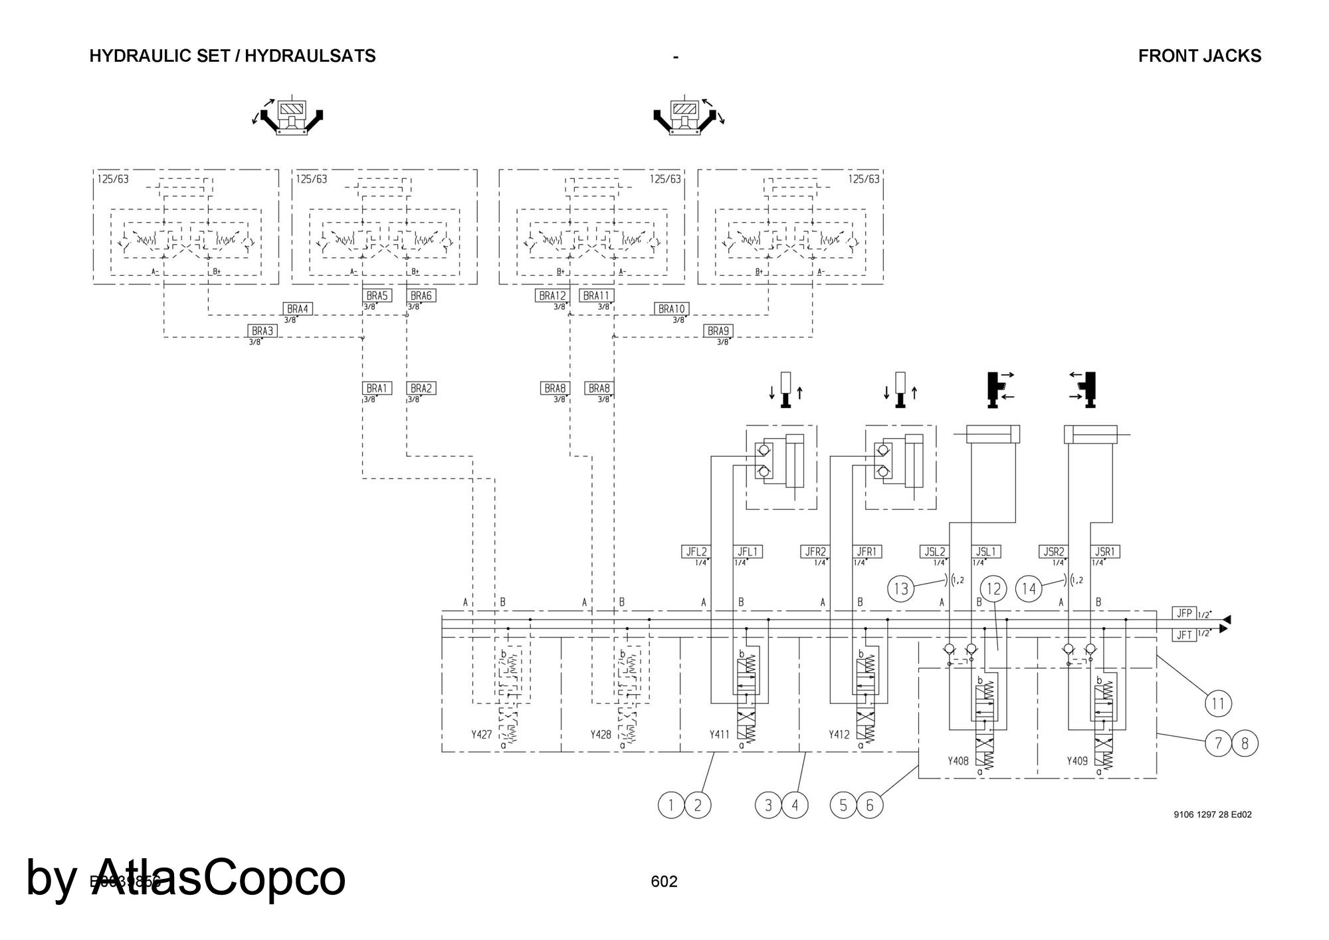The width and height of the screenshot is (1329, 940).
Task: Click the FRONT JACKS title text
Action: [x=1199, y=56]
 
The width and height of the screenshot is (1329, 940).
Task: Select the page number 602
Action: [x=664, y=881]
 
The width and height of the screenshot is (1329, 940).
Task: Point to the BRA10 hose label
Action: [x=671, y=309]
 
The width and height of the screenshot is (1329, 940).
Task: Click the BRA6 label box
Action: [x=421, y=296]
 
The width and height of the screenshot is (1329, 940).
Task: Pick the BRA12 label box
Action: [x=552, y=296]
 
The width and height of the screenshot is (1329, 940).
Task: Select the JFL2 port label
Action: [x=696, y=552]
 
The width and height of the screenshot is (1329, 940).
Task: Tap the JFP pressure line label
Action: [x=1183, y=613]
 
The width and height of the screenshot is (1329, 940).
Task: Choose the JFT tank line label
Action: [x=1183, y=635]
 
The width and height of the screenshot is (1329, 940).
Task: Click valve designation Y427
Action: [x=481, y=735]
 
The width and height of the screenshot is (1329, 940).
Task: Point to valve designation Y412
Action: [x=839, y=735]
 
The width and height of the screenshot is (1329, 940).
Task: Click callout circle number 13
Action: [x=901, y=589]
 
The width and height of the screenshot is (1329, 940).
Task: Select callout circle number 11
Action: [x=1218, y=703]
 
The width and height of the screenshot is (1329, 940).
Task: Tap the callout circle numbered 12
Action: [x=993, y=589]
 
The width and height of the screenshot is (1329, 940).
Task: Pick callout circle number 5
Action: [x=843, y=806]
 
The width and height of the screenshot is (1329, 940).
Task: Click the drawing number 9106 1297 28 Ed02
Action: [x=1213, y=814]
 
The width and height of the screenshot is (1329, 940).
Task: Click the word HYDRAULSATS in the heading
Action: [x=310, y=56]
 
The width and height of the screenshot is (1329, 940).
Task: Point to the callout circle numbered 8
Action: [x=1245, y=743]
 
